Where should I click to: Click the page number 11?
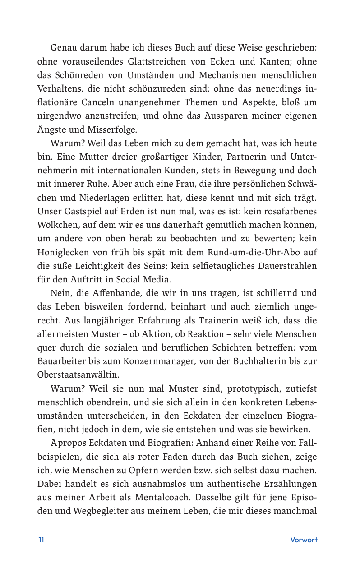(41, 540)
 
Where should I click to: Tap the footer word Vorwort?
(304, 540)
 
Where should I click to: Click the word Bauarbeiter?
(65, 361)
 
